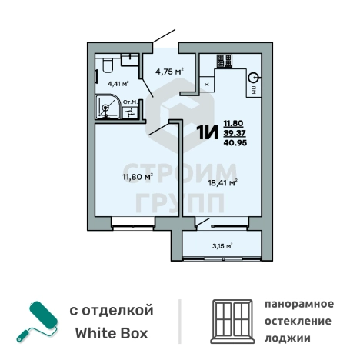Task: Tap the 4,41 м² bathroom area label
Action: pyautogui.click(x=117, y=83)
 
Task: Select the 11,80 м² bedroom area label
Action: pyautogui.click(x=138, y=176)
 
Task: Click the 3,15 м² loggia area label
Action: pyautogui.click(x=222, y=246)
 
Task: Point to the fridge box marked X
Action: pyautogui.click(x=208, y=84)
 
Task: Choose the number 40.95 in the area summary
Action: pyautogui.click(x=235, y=142)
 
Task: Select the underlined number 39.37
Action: pyautogui.click(x=234, y=132)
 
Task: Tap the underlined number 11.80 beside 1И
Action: pyautogui.click(x=234, y=122)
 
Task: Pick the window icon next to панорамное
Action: pyautogui.click(x=232, y=321)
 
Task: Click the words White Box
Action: pyautogui.click(x=111, y=334)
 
